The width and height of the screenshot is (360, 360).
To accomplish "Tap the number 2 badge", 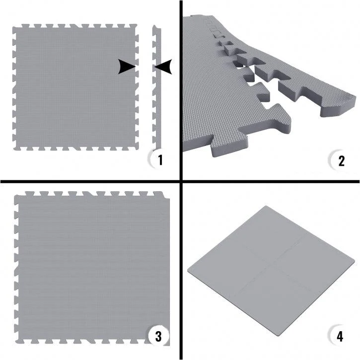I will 340,160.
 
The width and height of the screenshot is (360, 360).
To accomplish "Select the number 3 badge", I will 158,336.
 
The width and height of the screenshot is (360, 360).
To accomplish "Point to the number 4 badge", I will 340,336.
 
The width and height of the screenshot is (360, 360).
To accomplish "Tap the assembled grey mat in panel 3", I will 92,268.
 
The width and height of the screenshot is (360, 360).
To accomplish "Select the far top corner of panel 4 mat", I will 266,206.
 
